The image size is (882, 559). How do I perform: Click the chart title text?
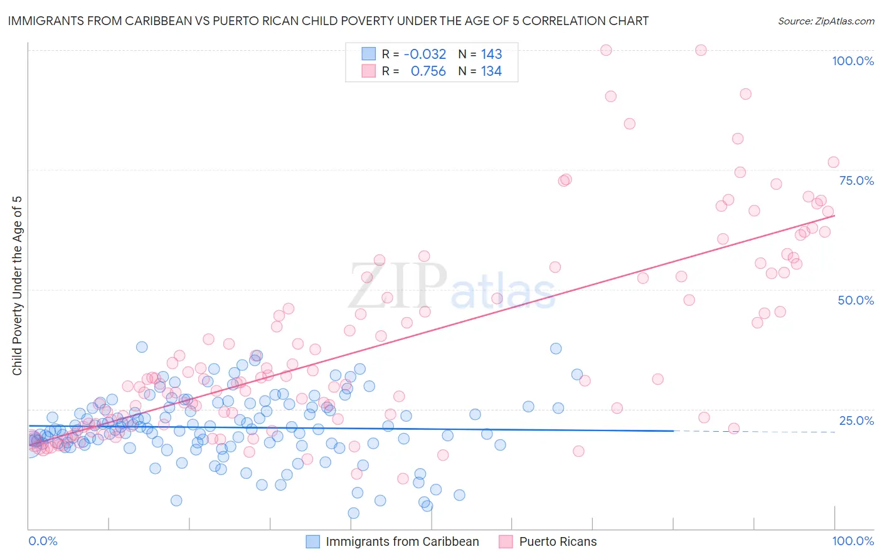(x=328, y=21)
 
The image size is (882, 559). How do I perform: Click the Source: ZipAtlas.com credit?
(x=826, y=21)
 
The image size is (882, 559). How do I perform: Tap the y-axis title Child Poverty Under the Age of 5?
(x=17, y=286)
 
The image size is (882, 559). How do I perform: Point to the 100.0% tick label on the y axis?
(x=853, y=61)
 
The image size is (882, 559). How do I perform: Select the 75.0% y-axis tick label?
(x=856, y=180)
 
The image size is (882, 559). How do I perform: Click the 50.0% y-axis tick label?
(x=856, y=300)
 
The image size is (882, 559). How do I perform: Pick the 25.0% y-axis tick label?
(x=856, y=420)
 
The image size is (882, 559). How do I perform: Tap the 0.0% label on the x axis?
(x=43, y=541)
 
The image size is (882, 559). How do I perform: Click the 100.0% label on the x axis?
(x=853, y=541)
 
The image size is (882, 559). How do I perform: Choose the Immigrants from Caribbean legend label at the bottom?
(x=402, y=541)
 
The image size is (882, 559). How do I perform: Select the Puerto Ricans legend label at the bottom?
(x=558, y=541)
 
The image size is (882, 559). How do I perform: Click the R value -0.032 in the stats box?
(x=425, y=54)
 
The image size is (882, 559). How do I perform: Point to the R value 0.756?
(x=428, y=71)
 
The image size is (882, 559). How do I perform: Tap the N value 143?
(x=491, y=54)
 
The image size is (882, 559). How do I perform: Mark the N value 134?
(x=491, y=71)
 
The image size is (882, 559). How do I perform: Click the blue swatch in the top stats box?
(x=368, y=54)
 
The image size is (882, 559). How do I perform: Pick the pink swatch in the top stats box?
(x=368, y=71)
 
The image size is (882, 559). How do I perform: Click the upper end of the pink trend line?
(x=834, y=216)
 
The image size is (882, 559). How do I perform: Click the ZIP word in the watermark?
(x=398, y=285)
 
